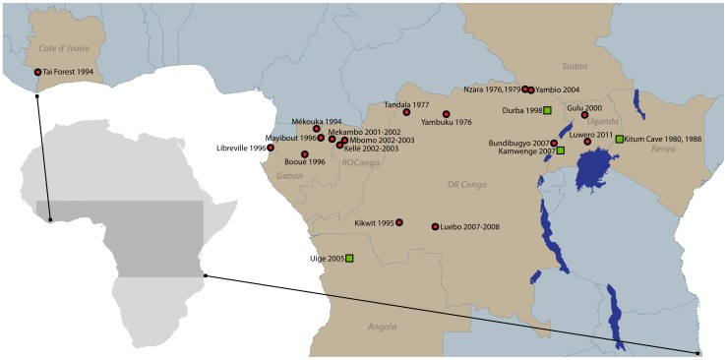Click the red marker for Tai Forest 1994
(38, 72)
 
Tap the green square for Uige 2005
(349, 259)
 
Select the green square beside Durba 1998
(547, 111)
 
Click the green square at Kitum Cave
(619, 139)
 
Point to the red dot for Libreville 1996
(271, 149)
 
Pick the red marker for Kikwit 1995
(399, 222)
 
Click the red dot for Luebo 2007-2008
(435, 227)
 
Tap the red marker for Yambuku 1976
(446, 114)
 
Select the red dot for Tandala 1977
(406, 112)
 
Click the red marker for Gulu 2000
(584, 115)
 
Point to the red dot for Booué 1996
(305, 154)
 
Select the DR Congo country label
(467, 184)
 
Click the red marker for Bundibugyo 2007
(554, 144)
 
